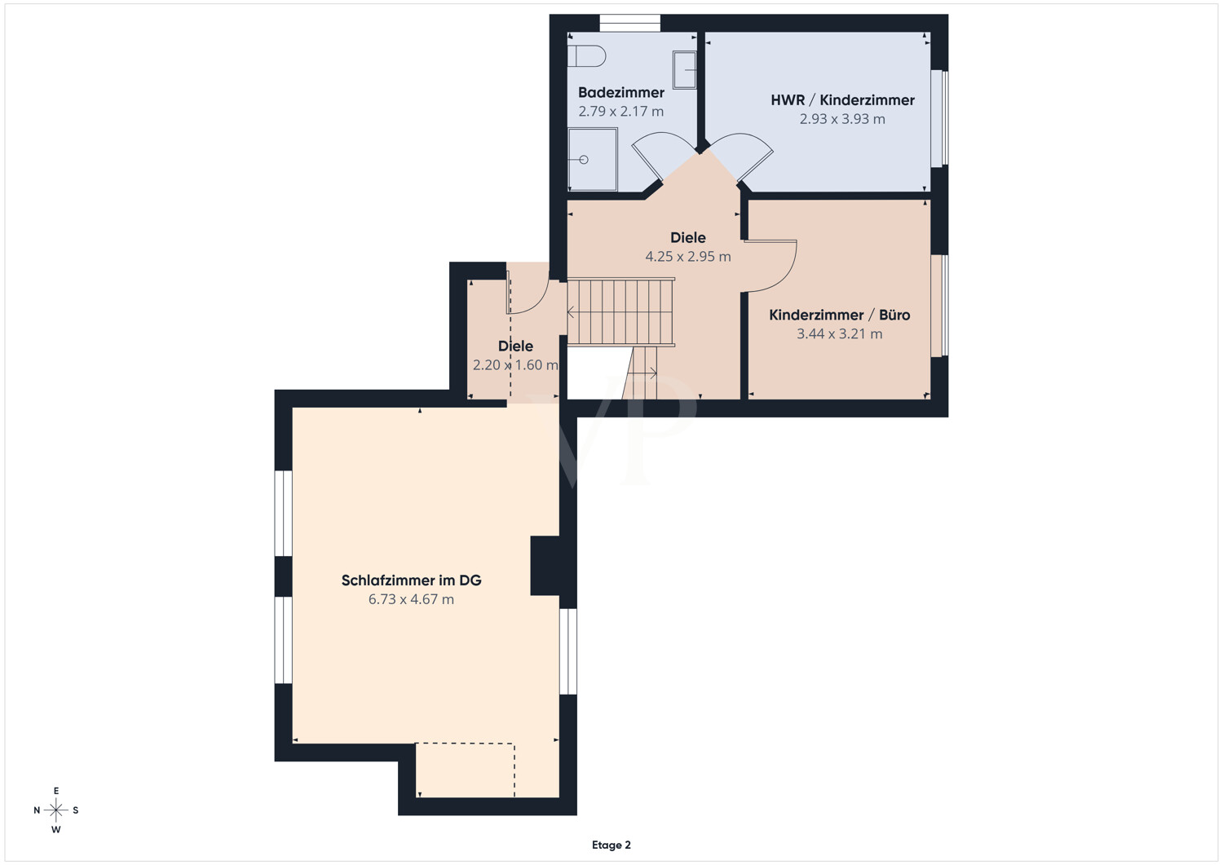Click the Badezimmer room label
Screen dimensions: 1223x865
click(620, 92)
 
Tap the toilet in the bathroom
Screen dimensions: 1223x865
click(586, 55)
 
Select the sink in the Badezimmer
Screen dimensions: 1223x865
click(684, 70)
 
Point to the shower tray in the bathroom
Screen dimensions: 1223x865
click(593, 160)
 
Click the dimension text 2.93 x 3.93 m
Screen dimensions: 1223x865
click(842, 119)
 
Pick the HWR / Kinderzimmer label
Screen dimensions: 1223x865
click(842, 100)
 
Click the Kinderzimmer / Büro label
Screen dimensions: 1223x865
click(839, 315)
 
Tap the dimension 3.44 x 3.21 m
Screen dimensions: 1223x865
click(839, 333)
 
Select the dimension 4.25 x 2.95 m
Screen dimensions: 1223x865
click(688, 257)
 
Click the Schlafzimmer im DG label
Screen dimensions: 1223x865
click(411, 580)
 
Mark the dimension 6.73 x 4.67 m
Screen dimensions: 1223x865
click(411, 599)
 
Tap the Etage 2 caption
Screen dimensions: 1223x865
click(611, 845)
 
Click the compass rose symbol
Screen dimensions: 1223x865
click(55, 810)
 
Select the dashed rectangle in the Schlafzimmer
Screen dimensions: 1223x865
click(466, 770)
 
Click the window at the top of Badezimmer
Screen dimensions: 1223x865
click(630, 24)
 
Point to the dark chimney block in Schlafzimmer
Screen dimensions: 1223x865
click(545, 566)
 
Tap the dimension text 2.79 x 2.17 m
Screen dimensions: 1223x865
click(620, 112)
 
